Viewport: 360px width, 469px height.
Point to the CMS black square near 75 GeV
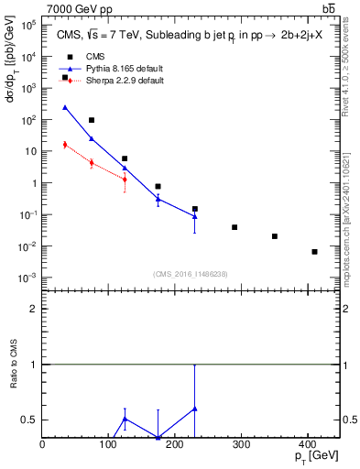tap(92, 120)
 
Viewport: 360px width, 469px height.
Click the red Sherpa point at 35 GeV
tap(65, 145)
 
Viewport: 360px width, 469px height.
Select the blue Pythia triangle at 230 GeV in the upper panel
tap(194, 216)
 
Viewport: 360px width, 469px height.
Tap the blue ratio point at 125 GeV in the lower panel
tap(125, 419)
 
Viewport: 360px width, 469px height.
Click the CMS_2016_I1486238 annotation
tap(191, 274)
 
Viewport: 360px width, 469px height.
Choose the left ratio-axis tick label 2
tap(34, 309)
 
